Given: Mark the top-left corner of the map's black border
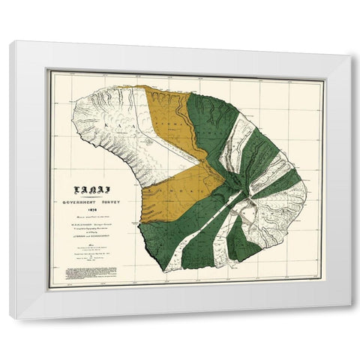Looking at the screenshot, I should coord(49,70).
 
